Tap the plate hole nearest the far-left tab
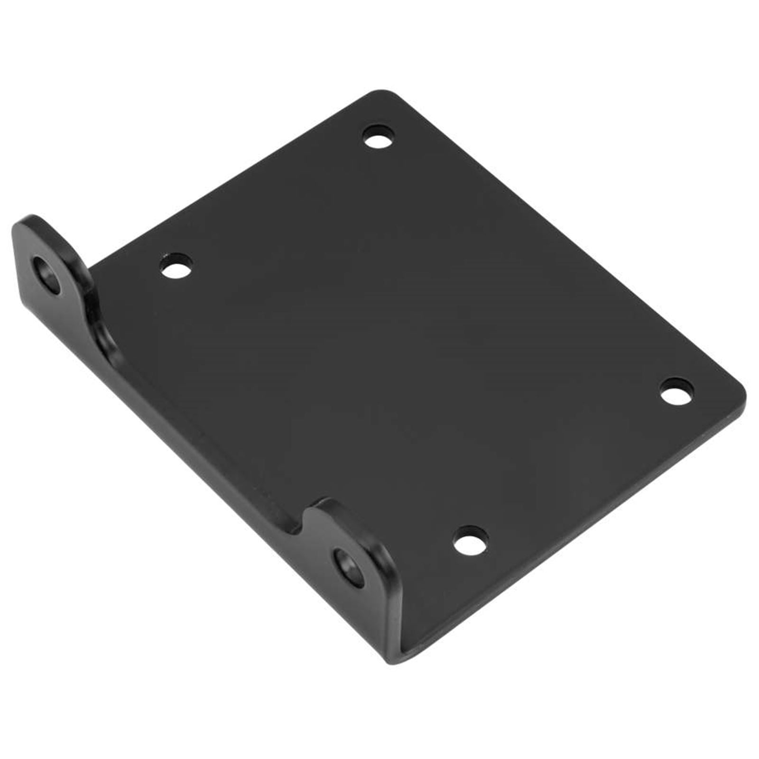[x=176, y=266]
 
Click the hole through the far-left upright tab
[x=50, y=275]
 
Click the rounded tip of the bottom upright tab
[x=327, y=503]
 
